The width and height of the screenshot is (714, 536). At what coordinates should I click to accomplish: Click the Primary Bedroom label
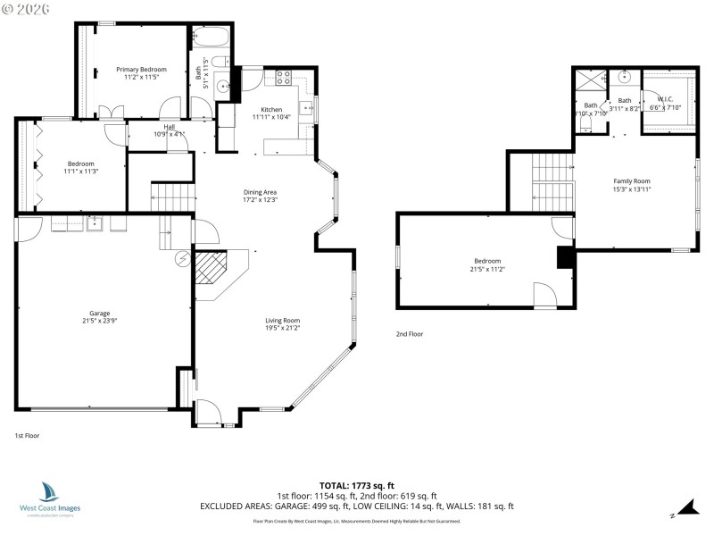141,69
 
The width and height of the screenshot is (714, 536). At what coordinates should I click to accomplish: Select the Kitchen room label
271,109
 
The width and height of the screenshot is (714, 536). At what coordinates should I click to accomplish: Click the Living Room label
282,320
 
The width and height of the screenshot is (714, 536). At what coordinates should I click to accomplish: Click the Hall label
169,127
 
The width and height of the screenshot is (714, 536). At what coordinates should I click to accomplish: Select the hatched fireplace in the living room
212,265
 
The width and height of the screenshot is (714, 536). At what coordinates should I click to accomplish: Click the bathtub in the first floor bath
212,38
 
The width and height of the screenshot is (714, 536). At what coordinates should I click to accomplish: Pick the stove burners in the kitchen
285,77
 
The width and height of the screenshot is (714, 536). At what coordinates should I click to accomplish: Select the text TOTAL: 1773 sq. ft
357,484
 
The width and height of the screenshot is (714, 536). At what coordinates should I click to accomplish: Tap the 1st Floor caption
27,436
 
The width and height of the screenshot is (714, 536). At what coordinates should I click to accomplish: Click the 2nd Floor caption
410,333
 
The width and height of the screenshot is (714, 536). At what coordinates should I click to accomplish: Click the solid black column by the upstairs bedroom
565,257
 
